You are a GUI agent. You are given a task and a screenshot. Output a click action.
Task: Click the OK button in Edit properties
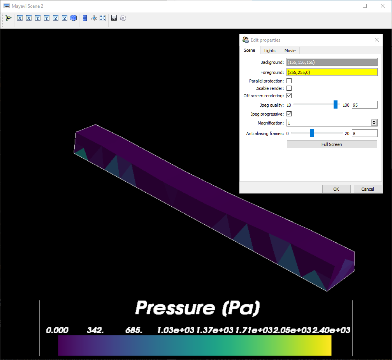click(336, 189)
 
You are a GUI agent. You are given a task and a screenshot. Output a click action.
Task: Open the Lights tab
click(270, 51)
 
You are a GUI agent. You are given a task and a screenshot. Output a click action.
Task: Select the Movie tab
click(290, 51)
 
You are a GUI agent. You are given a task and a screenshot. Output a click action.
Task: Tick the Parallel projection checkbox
click(289, 81)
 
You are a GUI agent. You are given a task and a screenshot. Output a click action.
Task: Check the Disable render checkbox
click(289, 88)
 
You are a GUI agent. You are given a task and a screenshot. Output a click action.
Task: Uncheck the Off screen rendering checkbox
click(289, 96)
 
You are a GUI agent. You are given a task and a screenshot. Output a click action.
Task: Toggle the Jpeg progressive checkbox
click(289, 114)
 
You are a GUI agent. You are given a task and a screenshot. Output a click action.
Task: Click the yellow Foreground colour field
click(332, 72)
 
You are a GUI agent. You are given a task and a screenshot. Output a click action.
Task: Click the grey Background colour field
click(332, 62)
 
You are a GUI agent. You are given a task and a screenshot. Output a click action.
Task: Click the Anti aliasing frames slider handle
click(312, 133)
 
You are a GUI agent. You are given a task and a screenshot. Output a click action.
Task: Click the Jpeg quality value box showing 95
click(364, 105)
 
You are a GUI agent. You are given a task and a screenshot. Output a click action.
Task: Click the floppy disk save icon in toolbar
click(114, 18)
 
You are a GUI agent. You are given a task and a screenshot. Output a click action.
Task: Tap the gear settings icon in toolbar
click(123, 18)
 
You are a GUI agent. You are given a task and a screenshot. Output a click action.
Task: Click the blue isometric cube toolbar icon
click(74, 18)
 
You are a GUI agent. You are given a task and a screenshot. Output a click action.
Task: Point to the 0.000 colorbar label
click(57, 330)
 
